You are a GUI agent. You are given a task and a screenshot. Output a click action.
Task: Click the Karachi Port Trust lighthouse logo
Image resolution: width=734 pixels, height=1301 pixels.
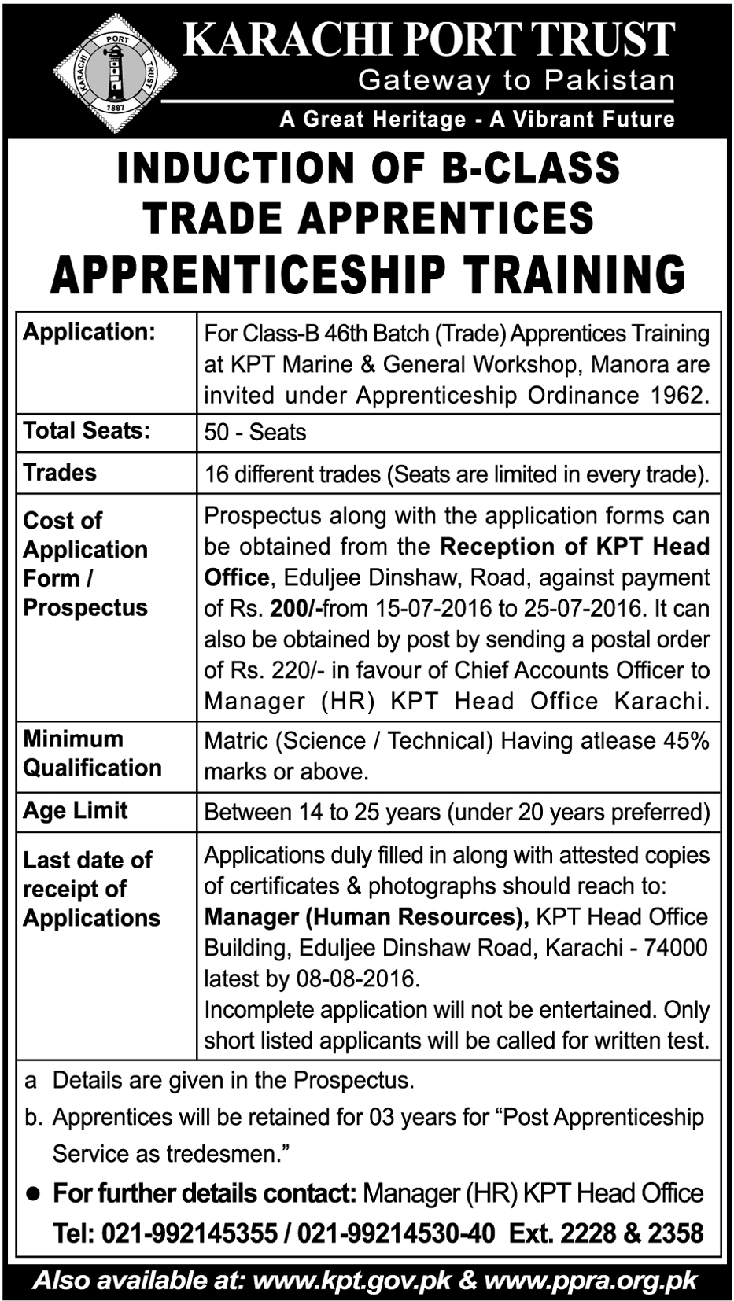tap(116, 73)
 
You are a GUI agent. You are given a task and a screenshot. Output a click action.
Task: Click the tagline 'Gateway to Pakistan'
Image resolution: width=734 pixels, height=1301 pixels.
tap(516, 80)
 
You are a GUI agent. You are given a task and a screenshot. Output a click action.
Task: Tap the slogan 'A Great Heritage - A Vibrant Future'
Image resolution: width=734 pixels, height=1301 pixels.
tap(477, 120)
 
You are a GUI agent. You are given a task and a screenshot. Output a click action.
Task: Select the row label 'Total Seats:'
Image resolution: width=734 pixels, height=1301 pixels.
tap(87, 430)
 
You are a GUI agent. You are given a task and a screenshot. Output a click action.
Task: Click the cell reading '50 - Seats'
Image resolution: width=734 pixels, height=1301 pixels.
tap(255, 433)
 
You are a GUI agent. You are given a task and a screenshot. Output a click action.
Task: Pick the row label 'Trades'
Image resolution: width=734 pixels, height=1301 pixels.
tap(60, 473)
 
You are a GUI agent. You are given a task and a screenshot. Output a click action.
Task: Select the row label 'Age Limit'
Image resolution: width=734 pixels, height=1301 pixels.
tap(76, 811)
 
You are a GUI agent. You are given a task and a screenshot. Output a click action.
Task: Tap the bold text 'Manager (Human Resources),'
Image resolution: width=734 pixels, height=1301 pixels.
tap(366, 917)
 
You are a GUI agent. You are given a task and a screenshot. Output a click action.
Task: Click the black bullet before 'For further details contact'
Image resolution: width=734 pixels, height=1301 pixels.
tap(33, 1194)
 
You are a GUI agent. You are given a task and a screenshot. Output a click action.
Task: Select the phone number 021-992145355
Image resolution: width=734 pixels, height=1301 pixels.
tap(190, 1233)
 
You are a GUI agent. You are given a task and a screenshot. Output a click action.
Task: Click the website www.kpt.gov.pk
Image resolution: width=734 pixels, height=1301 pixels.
tap(352, 1281)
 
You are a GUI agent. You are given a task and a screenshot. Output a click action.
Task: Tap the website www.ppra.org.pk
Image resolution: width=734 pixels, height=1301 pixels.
tap(591, 1281)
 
